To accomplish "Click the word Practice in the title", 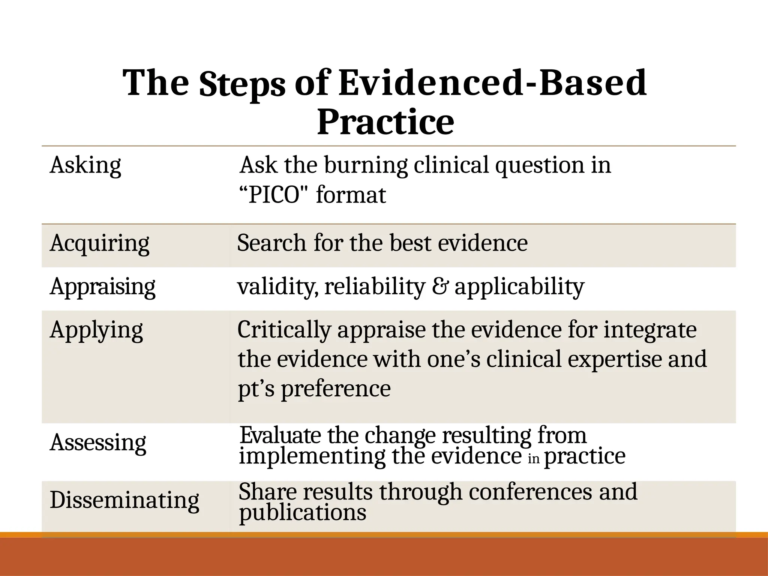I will pyautogui.click(x=385, y=122).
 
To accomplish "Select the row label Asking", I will pyautogui.click(x=85, y=165).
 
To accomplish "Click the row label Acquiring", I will pyautogui.click(x=99, y=243).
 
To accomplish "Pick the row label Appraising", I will pyautogui.click(x=102, y=286).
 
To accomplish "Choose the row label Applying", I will pyautogui.click(x=96, y=330).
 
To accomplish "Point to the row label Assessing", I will pyautogui.click(x=98, y=442).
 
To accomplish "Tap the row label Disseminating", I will pyautogui.click(x=124, y=500).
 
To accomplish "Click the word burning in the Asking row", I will pyautogui.click(x=366, y=165).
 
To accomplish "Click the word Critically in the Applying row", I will pyautogui.click(x=284, y=330).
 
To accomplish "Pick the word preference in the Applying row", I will pyautogui.click(x=336, y=388).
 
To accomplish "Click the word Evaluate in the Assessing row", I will pyautogui.click(x=280, y=435).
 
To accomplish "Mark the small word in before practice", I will pyautogui.click(x=533, y=459).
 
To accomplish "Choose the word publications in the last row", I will pyautogui.click(x=303, y=512).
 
